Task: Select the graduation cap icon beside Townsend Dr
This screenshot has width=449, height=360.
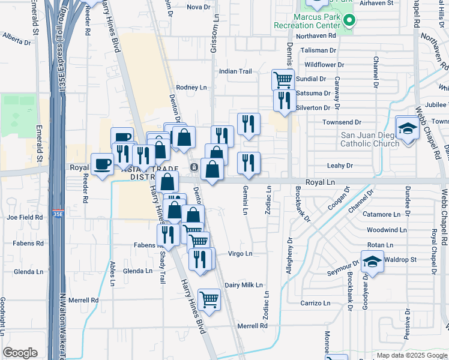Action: pyautogui.click(x=407, y=129)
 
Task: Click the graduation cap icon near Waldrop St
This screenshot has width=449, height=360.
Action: pyautogui.click(x=372, y=262)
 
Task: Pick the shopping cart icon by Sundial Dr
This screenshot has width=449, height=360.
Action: pyautogui.click(x=283, y=79)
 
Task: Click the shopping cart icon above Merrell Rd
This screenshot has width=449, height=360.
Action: pyautogui.click(x=208, y=298)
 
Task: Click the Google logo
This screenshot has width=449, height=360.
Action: pyautogui.click(x=20, y=353)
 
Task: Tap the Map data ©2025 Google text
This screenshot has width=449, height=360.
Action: pyautogui.click(x=411, y=355)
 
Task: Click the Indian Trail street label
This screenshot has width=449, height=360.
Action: pyautogui.click(x=235, y=71)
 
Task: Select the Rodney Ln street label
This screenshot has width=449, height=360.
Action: pyautogui.click(x=191, y=87)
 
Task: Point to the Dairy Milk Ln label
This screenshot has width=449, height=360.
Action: pyautogui.click(x=244, y=285)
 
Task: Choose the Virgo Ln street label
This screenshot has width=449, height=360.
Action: pyautogui.click(x=240, y=254)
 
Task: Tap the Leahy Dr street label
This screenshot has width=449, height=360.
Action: pyautogui.click(x=339, y=165)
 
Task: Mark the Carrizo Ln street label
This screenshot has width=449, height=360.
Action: pyautogui.click(x=315, y=303)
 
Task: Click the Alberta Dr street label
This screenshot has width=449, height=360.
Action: pyautogui.click(x=16, y=39)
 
